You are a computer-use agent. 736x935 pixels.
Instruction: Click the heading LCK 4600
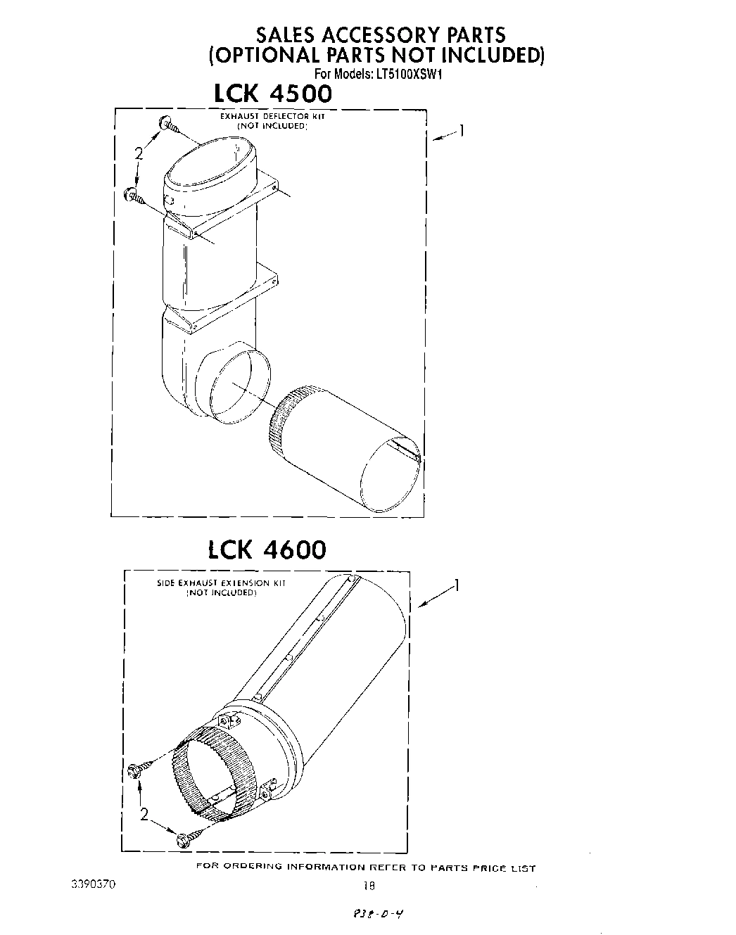pos(267,549)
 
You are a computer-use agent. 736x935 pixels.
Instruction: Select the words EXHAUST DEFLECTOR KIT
pos(272,117)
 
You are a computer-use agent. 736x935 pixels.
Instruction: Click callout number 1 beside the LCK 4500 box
pos(462,129)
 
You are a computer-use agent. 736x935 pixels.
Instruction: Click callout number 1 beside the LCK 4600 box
pos(457,585)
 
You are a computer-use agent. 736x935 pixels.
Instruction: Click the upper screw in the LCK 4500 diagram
pos(169,125)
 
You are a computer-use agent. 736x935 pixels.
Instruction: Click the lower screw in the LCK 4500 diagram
pos(133,196)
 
